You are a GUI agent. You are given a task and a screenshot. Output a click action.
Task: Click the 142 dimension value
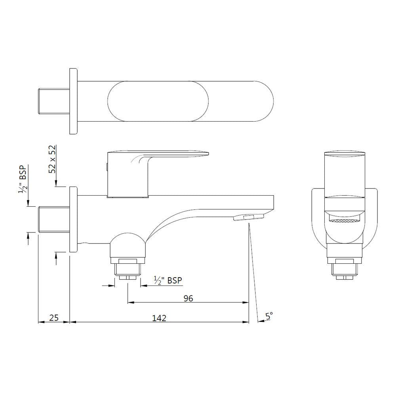click(159, 318)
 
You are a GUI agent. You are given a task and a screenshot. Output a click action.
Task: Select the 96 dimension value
click(188, 298)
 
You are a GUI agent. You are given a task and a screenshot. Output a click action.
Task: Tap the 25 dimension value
click(54, 318)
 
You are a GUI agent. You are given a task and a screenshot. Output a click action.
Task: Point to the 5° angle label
click(269, 316)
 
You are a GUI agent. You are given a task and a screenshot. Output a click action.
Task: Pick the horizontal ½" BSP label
click(168, 280)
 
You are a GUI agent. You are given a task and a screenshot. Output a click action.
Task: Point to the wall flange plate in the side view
click(73, 219)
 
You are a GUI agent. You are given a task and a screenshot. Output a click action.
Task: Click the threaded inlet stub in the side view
click(53, 220)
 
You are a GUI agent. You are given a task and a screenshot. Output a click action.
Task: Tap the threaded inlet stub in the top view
click(53, 101)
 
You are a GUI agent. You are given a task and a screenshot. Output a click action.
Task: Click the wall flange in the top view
click(73, 101)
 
